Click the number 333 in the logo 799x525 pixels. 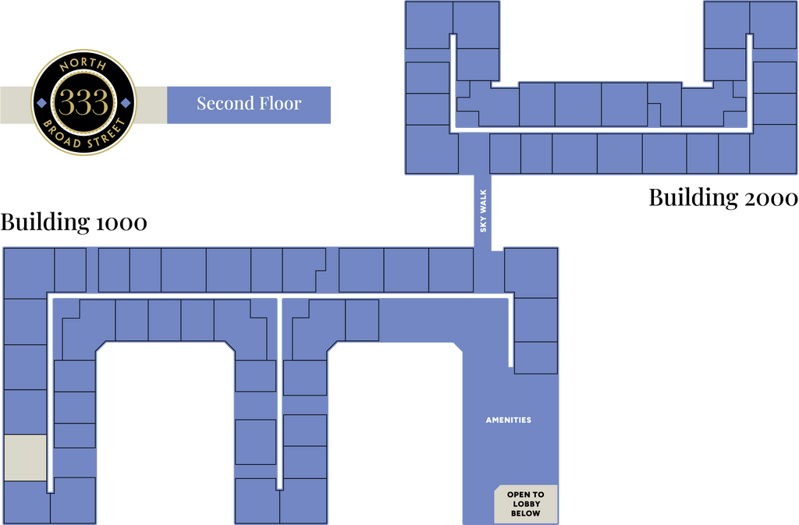[83, 102]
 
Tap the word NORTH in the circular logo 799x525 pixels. [83, 65]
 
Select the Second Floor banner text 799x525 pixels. [249, 104]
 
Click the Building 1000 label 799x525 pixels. [74, 222]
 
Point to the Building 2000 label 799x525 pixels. [723, 198]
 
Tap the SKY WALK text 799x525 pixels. [483, 211]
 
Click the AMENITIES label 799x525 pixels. [509, 420]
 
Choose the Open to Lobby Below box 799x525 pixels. [526, 504]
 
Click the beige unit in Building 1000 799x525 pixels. [26, 457]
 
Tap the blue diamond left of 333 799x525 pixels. [42, 103]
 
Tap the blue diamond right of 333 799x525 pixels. [126, 103]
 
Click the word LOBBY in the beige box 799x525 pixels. [527, 504]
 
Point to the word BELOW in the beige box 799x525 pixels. [526, 513]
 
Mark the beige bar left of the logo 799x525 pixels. [16, 105]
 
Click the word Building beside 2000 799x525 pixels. [693, 198]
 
